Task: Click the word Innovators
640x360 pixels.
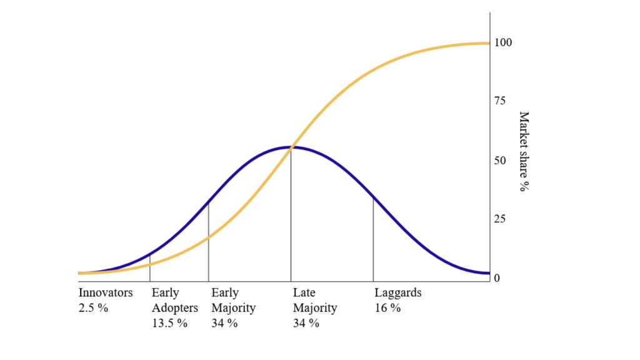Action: (x=106, y=292)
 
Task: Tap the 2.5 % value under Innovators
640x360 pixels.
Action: (x=93, y=307)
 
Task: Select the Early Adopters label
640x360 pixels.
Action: (x=174, y=300)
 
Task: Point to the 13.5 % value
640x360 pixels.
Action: (x=169, y=323)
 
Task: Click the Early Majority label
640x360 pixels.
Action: (x=233, y=300)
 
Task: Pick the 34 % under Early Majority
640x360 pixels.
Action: (x=224, y=323)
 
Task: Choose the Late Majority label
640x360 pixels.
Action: (x=314, y=300)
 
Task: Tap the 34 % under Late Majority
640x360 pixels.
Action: (x=306, y=323)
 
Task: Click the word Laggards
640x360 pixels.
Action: (x=397, y=292)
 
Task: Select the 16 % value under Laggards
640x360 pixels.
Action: (x=387, y=307)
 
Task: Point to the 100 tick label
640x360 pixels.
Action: (x=502, y=42)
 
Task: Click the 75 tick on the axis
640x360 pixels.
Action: (x=500, y=101)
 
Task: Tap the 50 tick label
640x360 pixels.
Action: (x=500, y=161)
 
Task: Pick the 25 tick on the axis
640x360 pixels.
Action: (x=500, y=219)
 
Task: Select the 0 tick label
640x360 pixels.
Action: (x=497, y=278)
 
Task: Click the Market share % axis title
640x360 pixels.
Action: (x=524, y=151)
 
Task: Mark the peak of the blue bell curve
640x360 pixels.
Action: (x=291, y=147)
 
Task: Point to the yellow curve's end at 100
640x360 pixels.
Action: (x=488, y=43)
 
